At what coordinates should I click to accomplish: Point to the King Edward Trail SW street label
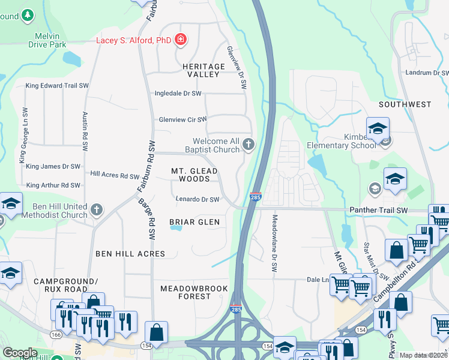tap(57, 86)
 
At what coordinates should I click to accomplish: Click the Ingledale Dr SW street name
tap(178, 94)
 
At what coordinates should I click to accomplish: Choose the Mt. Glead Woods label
tap(194, 175)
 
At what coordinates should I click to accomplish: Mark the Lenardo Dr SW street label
tap(197, 199)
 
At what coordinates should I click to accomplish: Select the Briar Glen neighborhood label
tap(194, 222)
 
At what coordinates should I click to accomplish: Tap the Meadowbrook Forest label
tap(194, 293)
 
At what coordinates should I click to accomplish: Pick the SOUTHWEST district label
tap(405, 104)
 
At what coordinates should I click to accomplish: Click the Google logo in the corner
tap(20, 353)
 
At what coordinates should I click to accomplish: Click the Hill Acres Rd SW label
tap(115, 175)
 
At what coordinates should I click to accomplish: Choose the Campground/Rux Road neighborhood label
tap(65, 285)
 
